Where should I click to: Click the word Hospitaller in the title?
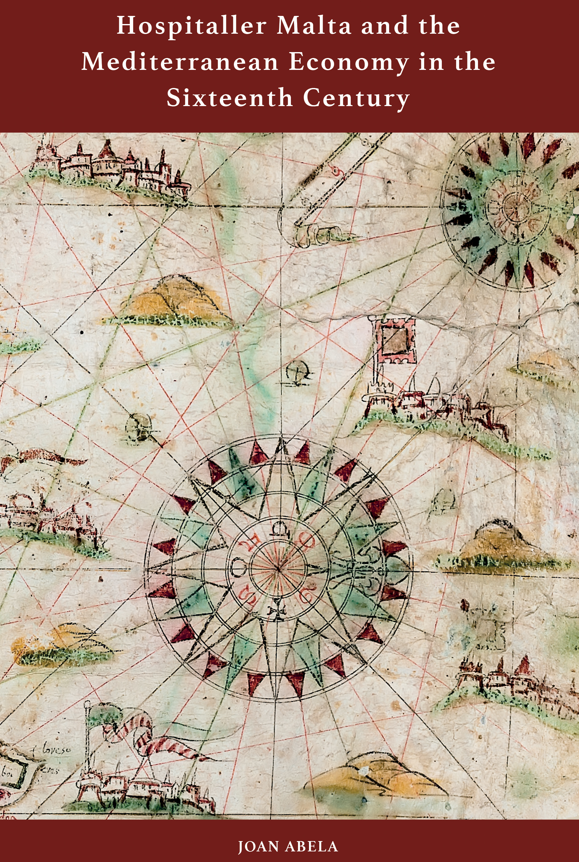[x=191, y=26]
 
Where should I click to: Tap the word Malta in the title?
[x=314, y=26]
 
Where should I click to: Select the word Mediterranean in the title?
[x=180, y=62]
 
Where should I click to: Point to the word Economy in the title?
[x=349, y=62]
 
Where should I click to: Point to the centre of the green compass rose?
[x=514, y=207]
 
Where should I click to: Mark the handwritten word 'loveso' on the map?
[x=56, y=749]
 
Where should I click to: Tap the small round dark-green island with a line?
[x=138, y=427]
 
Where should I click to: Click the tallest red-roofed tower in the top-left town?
[x=107, y=150]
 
